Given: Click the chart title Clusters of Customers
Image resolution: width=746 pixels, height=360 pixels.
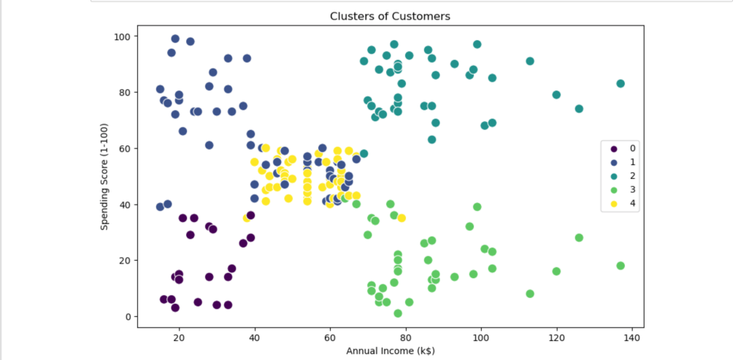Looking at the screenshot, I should [390, 16].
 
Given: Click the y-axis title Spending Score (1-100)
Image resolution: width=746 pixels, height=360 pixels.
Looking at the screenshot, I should [104, 176].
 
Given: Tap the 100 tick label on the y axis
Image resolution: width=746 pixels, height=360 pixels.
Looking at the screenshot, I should [121, 37].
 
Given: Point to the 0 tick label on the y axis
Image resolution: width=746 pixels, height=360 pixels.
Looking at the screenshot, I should [127, 316].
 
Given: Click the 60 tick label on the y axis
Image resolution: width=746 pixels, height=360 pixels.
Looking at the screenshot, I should [124, 148].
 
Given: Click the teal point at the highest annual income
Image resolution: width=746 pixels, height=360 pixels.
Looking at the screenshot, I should [620, 84].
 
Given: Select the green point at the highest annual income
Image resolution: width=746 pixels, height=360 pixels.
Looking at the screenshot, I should [620, 266].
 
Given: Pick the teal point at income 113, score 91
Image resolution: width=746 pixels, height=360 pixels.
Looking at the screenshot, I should [530, 61].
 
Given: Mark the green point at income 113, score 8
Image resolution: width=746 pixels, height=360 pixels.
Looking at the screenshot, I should [530, 294].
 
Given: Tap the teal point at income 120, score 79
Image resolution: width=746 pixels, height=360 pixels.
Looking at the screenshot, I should [556, 95].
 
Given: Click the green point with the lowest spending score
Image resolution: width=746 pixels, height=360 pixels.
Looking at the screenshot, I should [398, 313].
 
